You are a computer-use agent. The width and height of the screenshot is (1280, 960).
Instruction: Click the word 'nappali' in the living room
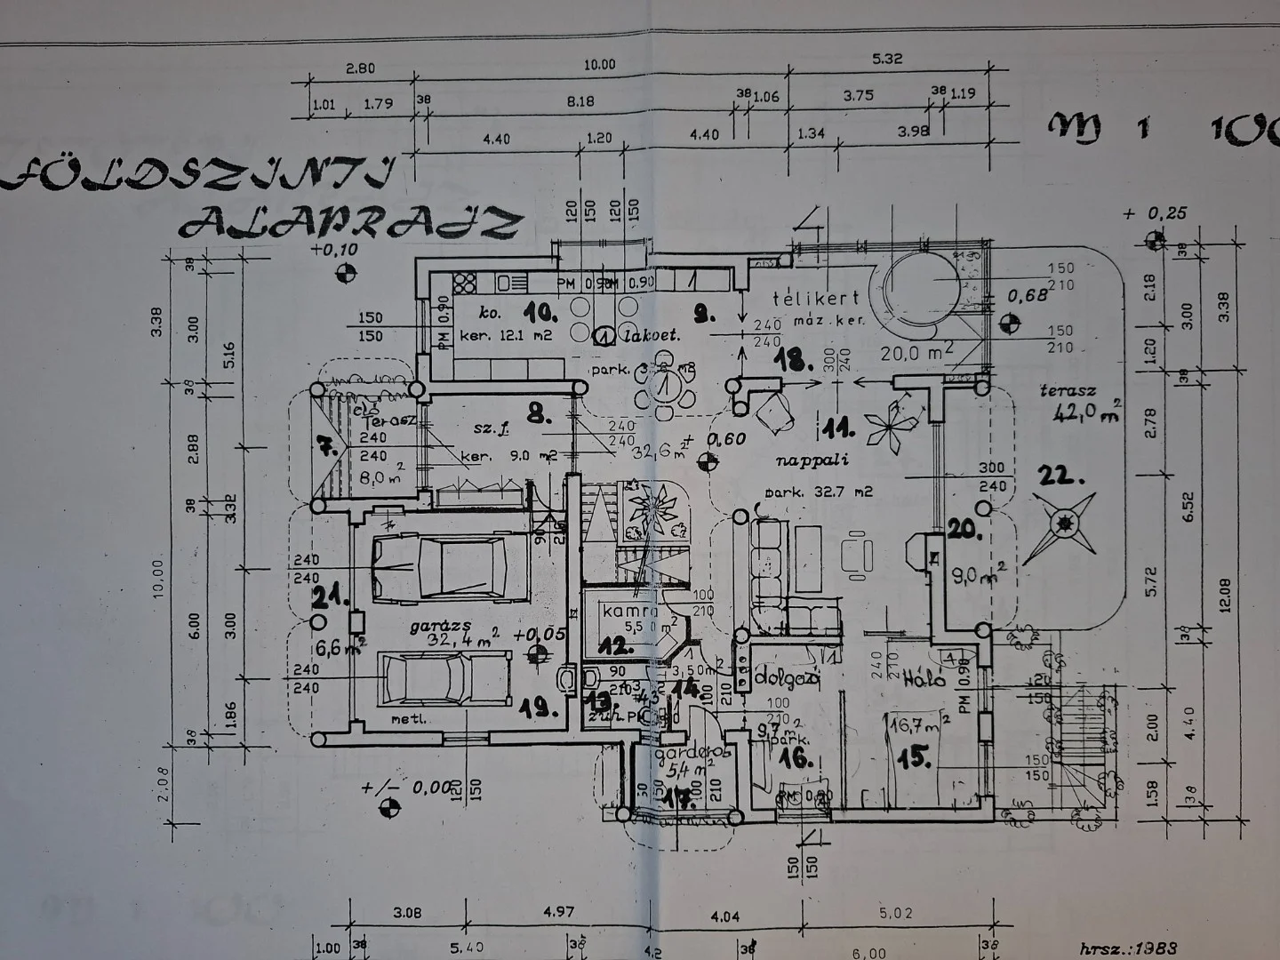point(812,460)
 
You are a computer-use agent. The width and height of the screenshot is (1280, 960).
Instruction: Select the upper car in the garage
point(439,567)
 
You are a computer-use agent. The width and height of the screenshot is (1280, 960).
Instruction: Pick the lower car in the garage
point(445,679)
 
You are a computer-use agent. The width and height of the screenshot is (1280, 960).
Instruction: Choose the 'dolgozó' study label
point(787,677)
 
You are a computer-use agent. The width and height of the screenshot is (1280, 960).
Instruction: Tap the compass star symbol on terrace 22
point(1060,526)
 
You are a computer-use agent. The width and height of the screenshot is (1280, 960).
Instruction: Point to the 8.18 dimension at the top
point(580,102)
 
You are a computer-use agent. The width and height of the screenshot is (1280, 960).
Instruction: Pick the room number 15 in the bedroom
point(915,758)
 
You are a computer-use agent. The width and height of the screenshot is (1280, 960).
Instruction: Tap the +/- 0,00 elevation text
point(406,788)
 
